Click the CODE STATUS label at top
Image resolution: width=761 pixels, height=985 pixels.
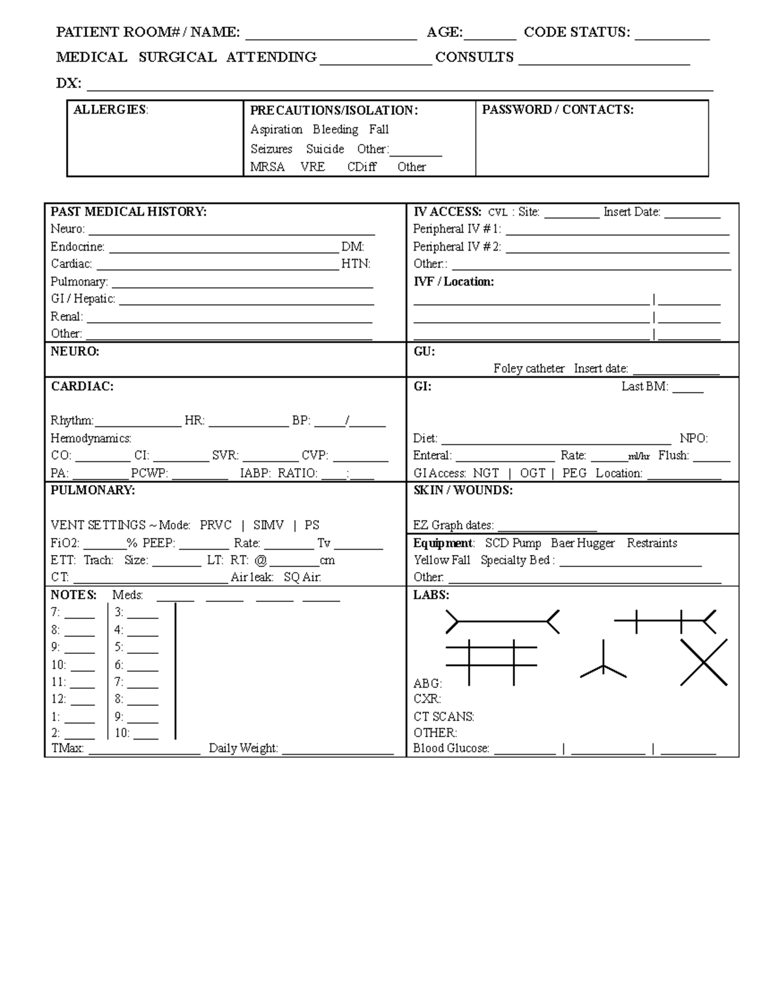[x=576, y=32]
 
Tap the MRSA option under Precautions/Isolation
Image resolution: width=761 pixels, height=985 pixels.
[x=267, y=167]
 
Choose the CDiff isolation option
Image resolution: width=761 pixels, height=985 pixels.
[x=361, y=167]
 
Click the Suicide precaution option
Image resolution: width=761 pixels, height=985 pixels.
[x=325, y=149]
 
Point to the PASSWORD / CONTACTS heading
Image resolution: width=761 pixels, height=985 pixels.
[x=557, y=110]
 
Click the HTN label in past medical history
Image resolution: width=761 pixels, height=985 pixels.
[x=355, y=264]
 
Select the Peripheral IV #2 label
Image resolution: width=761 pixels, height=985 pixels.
[x=457, y=247]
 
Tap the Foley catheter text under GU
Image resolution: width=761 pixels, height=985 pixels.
[x=528, y=369]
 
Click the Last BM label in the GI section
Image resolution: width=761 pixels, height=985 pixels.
[x=644, y=386]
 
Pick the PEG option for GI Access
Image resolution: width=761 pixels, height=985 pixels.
[x=574, y=473]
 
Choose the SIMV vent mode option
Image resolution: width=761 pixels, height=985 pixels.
[x=268, y=525]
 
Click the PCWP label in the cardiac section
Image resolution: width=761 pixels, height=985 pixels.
[x=149, y=473]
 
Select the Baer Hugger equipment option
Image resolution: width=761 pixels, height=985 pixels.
[x=582, y=543]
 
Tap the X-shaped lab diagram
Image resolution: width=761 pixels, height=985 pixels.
[x=704, y=662]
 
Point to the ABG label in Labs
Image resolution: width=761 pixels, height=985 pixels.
[x=427, y=684]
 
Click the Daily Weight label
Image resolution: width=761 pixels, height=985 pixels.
[x=243, y=748]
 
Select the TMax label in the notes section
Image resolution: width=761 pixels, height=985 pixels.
[x=67, y=748]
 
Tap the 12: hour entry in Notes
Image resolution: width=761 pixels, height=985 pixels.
[x=58, y=699]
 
